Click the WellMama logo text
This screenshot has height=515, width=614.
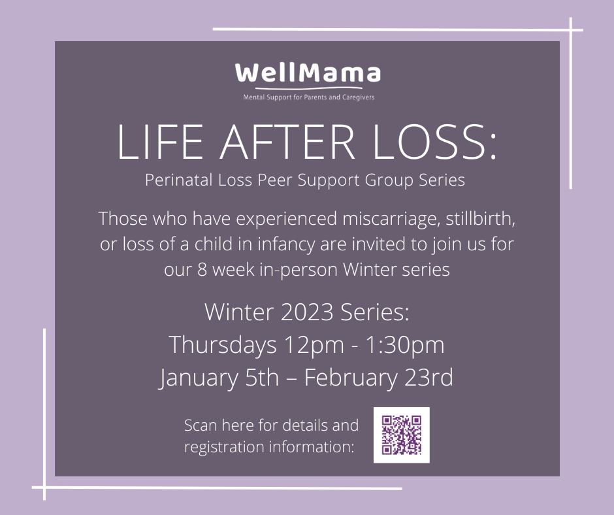point(308,73)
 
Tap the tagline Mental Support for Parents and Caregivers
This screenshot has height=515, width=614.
point(308,97)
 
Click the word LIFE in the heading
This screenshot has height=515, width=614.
point(160,142)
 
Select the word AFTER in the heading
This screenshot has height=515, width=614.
point(287,142)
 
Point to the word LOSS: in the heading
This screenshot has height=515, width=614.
point(434,142)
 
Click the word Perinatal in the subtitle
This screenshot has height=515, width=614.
point(178,180)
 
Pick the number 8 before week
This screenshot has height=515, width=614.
point(202,270)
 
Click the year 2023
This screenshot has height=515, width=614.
point(307,312)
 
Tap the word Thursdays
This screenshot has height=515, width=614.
point(223,345)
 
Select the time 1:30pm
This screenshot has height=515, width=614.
point(405,345)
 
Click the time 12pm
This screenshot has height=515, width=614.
point(314,346)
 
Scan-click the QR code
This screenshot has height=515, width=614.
point(401,435)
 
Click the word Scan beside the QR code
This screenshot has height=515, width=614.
point(200,425)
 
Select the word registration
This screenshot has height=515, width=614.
point(225,447)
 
